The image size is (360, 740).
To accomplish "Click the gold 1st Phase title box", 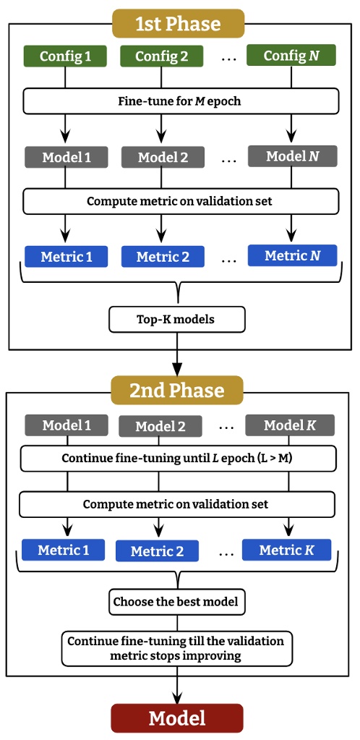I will click(x=179, y=23).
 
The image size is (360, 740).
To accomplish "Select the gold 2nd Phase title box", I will click(x=177, y=391).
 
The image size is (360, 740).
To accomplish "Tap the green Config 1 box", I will click(x=66, y=56).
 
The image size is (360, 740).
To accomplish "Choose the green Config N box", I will click(x=292, y=55).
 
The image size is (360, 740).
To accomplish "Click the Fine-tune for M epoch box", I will click(x=179, y=101).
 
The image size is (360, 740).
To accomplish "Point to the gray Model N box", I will click(x=292, y=156).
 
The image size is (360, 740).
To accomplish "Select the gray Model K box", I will click(x=289, y=425).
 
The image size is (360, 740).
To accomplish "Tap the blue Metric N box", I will click(x=292, y=255).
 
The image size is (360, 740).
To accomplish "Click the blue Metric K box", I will click(x=287, y=550).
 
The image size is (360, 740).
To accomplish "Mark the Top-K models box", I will click(x=177, y=318).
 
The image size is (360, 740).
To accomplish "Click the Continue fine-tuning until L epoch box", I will click(x=179, y=458).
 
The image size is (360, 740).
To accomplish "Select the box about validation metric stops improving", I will click(x=177, y=648).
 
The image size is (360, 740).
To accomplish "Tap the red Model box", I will click(x=177, y=718).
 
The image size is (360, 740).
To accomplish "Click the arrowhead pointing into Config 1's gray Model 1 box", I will click(x=66, y=141).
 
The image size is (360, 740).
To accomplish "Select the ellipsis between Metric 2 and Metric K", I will click(x=226, y=553).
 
